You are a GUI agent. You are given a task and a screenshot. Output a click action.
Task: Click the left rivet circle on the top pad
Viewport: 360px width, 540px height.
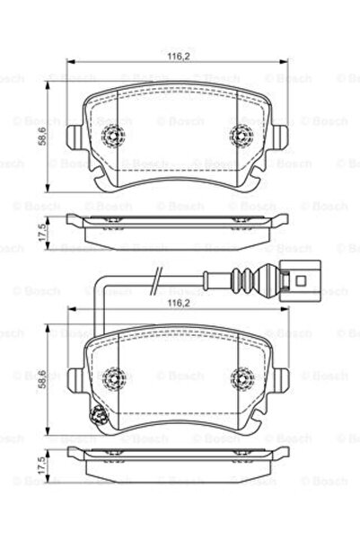114,137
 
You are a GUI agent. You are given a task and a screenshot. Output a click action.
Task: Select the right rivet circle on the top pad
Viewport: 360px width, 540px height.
241,137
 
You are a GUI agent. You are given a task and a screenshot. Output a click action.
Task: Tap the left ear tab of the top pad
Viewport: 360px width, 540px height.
74,137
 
